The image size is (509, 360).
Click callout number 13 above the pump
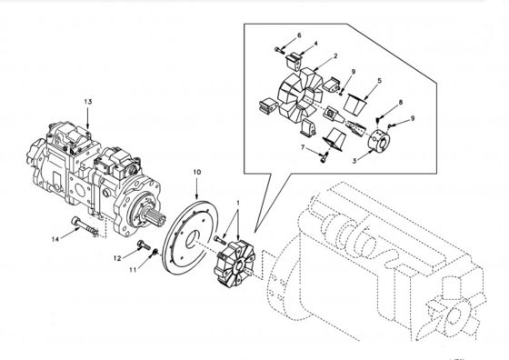87,102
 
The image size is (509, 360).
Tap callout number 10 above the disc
196,172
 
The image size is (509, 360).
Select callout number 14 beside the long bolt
55,240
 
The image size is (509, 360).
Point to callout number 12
117,258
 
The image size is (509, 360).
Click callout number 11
133,270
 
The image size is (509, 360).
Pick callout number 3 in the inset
354,161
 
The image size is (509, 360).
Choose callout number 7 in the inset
303,147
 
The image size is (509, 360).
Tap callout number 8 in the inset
401,102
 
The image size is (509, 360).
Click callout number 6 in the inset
299,35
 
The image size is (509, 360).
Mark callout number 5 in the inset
380,81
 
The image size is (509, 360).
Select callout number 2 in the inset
335,55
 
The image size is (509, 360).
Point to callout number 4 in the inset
315,44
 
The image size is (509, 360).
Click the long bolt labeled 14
85,226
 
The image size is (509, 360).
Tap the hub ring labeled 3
379,141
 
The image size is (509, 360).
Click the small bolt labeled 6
279,50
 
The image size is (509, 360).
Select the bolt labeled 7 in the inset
323,158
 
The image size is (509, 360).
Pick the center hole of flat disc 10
194,238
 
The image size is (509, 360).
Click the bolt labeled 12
144,245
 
